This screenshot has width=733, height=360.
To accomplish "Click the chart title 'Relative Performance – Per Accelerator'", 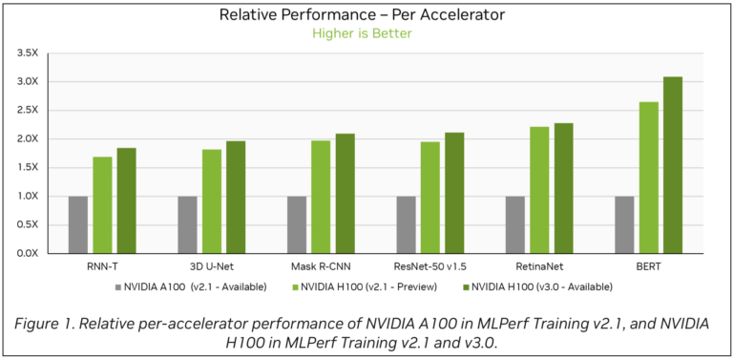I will pyautogui.click(x=362, y=14).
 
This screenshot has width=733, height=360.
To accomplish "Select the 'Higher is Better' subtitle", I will pyautogui.click(x=362, y=32).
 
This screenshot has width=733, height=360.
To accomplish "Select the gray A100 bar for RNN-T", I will pyautogui.click(x=77, y=224).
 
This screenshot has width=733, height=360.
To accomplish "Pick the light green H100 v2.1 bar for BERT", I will pyautogui.click(x=649, y=177).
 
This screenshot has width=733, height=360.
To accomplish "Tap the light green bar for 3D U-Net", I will pyautogui.click(x=212, y=201).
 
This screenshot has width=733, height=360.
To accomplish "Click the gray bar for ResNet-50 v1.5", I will pyautogui.click(x=407, y=224).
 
